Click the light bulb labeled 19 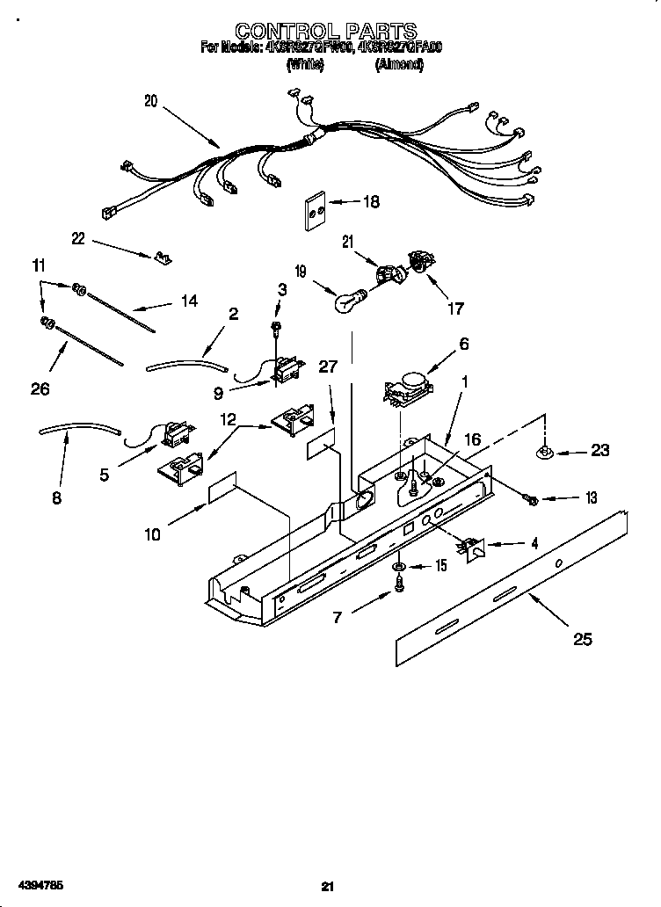click(x=347, y=302)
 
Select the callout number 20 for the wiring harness click(x=150, y=101)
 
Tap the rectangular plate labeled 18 click(x=313, y=211)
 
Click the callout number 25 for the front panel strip click(x=583, y=639)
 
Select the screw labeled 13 click(x=530, y=499)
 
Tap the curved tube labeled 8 click(x=79, y=430)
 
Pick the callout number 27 click(x=328, y=366)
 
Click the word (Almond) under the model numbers click(x=399, y=65)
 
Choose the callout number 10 click(x=152, y=533)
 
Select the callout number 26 click(x=40, y=388)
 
